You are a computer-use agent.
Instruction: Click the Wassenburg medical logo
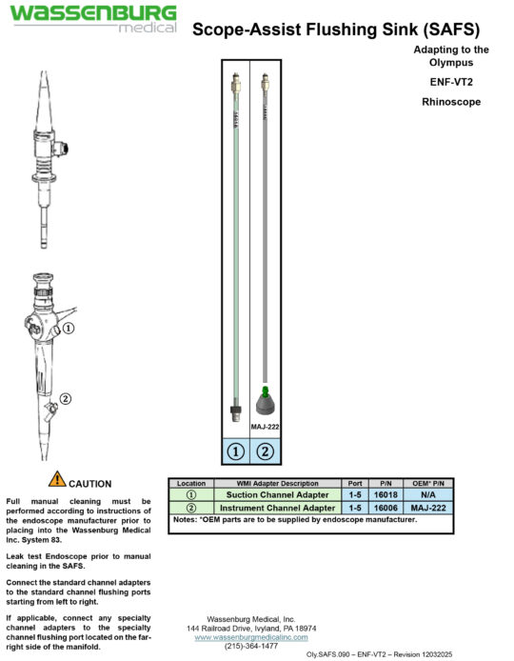click(x=93, y=18)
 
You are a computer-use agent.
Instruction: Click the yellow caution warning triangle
click(x=57, y=479)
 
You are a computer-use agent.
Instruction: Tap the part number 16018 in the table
click(x=385, y=494)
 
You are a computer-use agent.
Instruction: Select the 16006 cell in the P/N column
click(x=385, y=508)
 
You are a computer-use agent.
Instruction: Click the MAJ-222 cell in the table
click(x=428, y=508)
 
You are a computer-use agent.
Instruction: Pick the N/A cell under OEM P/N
click(x=428, y=494)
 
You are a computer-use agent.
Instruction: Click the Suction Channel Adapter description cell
click(x=277, y=494)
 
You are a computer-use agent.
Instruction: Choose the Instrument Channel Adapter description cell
click(x=277, y=508)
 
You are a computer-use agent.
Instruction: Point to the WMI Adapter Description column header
click(x=277, y=483)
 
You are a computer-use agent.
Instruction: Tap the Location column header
click(x=191, y=483)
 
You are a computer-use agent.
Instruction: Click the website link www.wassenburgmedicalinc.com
click(x=251, y=637)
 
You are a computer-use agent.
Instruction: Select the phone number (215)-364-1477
click(x=251, y=646)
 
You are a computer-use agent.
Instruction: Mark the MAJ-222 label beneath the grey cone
click(x=265, y=427)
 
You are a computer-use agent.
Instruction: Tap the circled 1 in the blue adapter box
click(x=235, y=451)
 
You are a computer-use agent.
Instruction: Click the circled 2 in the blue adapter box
click(x=265, y=451)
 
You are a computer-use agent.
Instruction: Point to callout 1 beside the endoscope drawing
click(x=69, y=328)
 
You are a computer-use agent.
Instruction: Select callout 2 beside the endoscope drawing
click(x=66, y=398)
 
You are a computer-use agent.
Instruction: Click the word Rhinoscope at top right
click(x=451, y=102)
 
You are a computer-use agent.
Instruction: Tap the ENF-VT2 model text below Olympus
click(x=451, y=82)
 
